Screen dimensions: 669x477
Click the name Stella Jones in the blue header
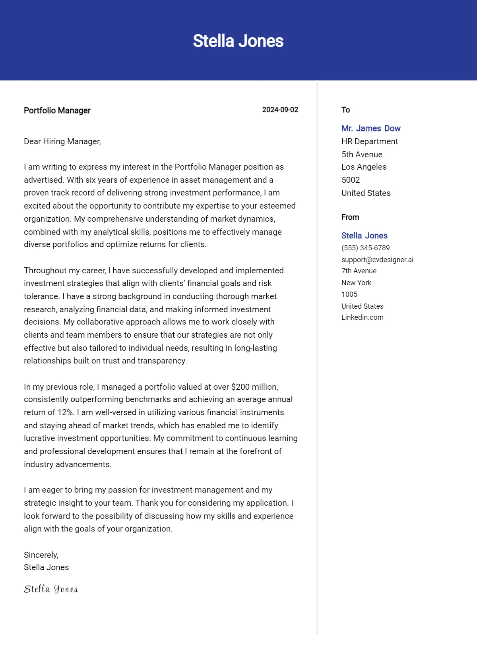click(x=238, y=41)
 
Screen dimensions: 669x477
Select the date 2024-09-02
click(x=280, y=110)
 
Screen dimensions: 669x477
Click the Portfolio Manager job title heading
click(x=57, y=110)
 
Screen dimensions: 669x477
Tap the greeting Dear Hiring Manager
click(x=62, y=141)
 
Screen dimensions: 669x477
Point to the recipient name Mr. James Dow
click(x=371, y=128)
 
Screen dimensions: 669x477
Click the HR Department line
click(x=369, y=141)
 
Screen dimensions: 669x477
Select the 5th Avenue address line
click(x=362, y=155)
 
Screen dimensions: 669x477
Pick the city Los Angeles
click(x=364, y=167)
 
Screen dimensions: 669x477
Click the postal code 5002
click(x=351, y=180)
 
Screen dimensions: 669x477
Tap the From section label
click(x=350, y=217)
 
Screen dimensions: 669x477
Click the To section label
click(x=345, y=110)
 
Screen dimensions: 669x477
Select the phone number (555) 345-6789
click(x=365, y=248)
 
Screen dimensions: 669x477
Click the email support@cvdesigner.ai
click(x=377, y=260)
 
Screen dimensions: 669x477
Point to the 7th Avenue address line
click(x=359, y=271)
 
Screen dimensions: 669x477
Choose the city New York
click(x=356, y=283)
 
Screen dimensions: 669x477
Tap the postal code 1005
click(x=349, y=294)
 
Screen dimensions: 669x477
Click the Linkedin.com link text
click(x=362, y=317)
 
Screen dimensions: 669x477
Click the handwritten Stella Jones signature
click(x=51, y=589)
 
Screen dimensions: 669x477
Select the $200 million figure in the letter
click(x=254, y=387)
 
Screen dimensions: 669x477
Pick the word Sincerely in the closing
click(x=41, y=555)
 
